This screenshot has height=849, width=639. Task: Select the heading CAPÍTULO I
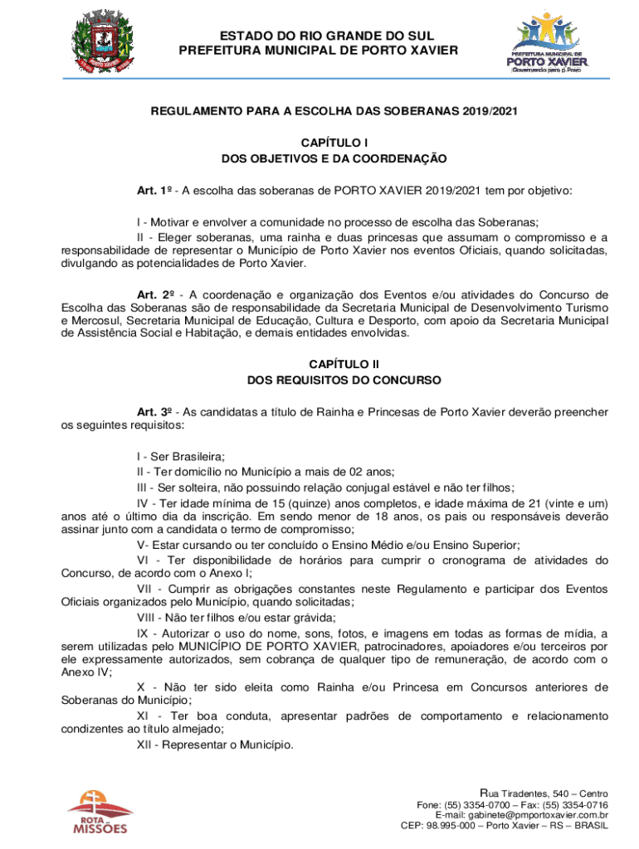coord(334,143)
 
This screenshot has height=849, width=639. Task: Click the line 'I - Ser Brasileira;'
coord(181,456)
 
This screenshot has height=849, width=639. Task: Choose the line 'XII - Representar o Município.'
coord(215,745)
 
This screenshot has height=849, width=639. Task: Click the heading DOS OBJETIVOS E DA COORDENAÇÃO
coord(334,158)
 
